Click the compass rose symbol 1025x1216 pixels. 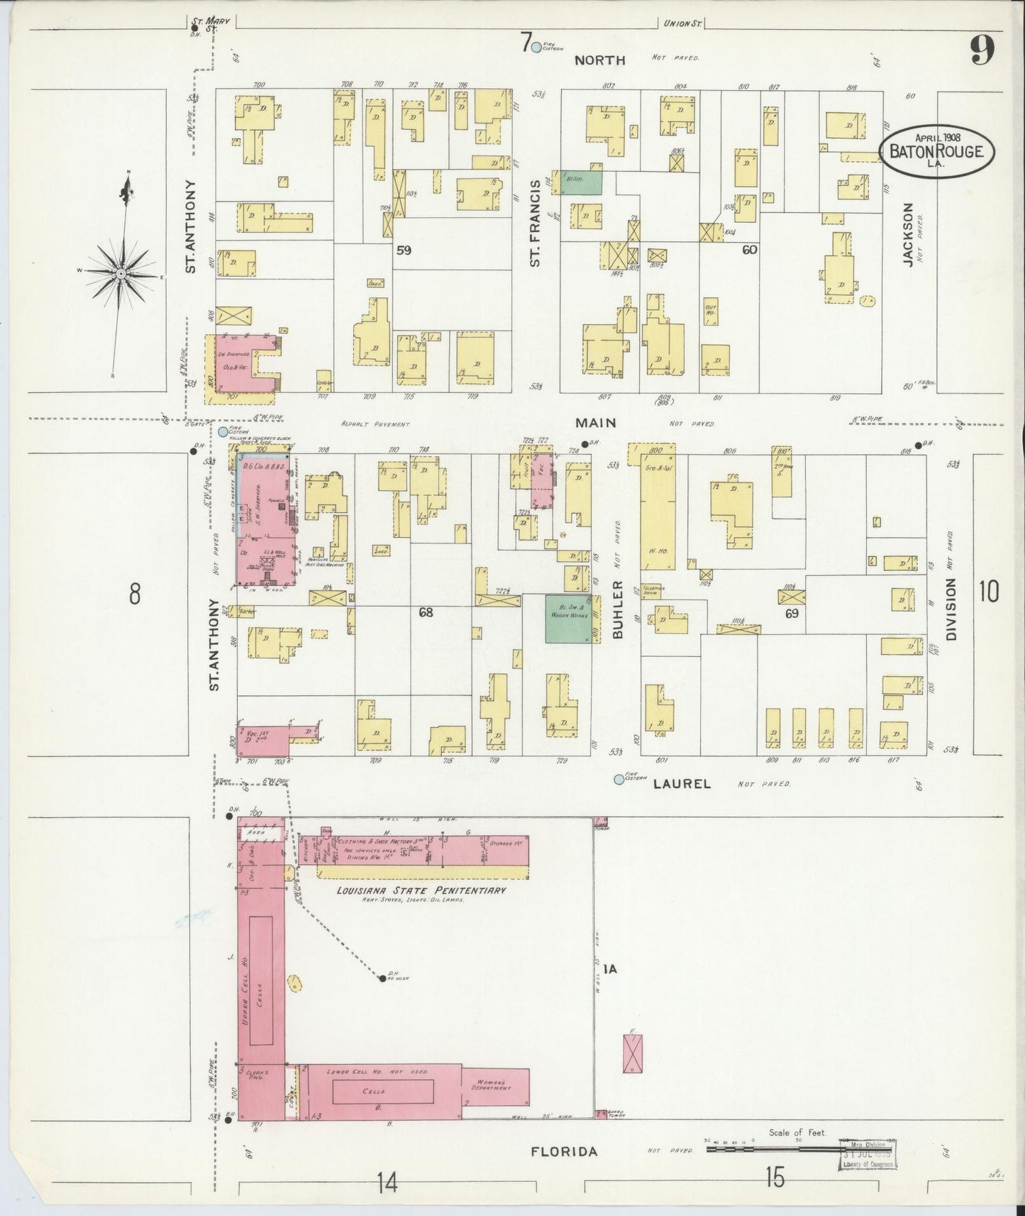click(122, 273)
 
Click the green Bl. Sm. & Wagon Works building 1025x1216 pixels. click(568, 619)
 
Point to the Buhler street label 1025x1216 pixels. click(617, 609)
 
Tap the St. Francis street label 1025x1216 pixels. click(536, 222)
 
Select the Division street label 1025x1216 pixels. click(951, 609)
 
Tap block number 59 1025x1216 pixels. click(404, 250)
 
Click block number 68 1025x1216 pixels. click(425, 612)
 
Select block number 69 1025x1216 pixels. click(791, 613)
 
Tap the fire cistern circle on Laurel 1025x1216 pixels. click(619, 780)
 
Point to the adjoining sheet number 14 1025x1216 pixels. click(387, 1183)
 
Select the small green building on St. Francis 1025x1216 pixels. click(582, 182)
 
